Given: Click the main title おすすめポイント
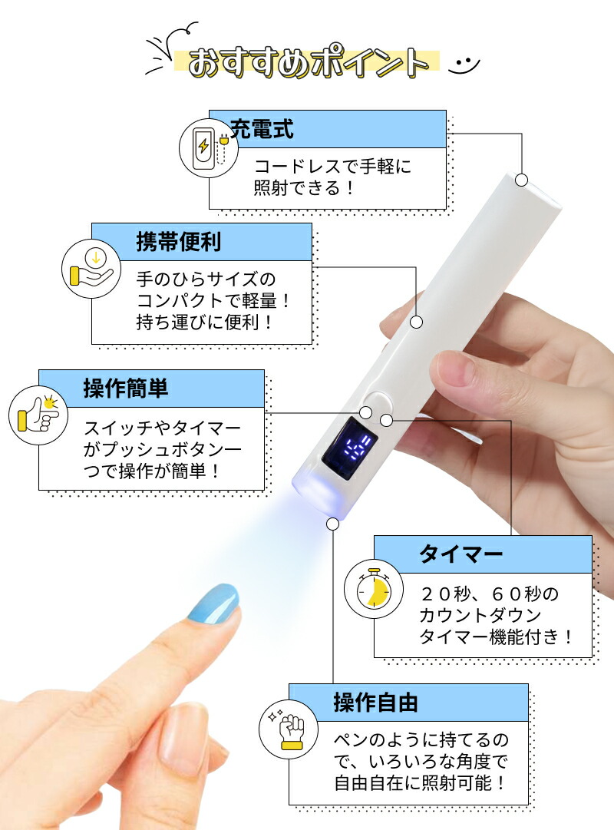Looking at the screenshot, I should pyautogui.click(x=307, y=61).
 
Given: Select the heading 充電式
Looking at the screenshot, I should pyautogui.click(x=262, y=128).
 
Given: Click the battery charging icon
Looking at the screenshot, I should pyautogui.click(x=205, y=148).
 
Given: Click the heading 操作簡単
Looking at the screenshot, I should pyautogui.click(x=126, y=389).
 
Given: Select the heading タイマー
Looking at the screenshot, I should pyautogui.click(x=460, y=554).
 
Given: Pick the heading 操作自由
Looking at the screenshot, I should pyautogui.click(x=375, y=702).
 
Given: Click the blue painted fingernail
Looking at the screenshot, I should pyautogui.click(x=213, y=602).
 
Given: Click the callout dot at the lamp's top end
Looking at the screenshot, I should pyautogui.click(x=522, y=180).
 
